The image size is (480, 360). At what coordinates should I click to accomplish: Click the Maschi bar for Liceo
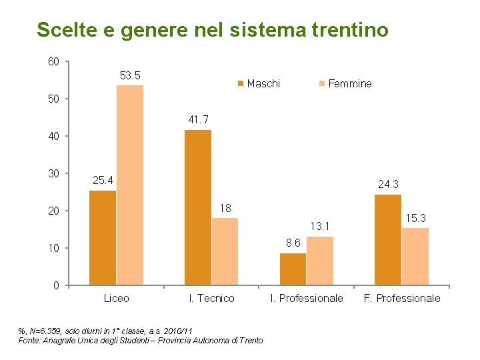pos(103,238)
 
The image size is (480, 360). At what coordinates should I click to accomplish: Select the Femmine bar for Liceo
pos(130,185)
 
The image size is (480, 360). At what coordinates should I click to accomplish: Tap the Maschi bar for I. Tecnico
pos(198,207)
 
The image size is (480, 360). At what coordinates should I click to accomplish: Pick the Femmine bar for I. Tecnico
pos(225,251)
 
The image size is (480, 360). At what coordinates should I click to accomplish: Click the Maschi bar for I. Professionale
pos(293,269)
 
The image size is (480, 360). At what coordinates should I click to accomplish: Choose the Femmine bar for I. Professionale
pos(320,261)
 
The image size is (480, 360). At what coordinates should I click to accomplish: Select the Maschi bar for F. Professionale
pos(388,240)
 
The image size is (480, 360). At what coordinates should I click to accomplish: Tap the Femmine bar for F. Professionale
pos(415,257)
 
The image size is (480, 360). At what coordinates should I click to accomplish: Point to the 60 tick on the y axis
pos(53,62)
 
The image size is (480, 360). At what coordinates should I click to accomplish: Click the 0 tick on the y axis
pos(57,286)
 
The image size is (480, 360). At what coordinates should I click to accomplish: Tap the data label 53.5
pos(129,76)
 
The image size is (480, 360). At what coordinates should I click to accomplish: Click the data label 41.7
pos(198,120)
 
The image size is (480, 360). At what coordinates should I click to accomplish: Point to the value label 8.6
pos(293,243)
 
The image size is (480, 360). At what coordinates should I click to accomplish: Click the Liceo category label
pos(117,299)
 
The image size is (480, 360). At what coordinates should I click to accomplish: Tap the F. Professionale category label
pos(401,299)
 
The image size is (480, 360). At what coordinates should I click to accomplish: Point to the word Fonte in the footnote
pos(31,341)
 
